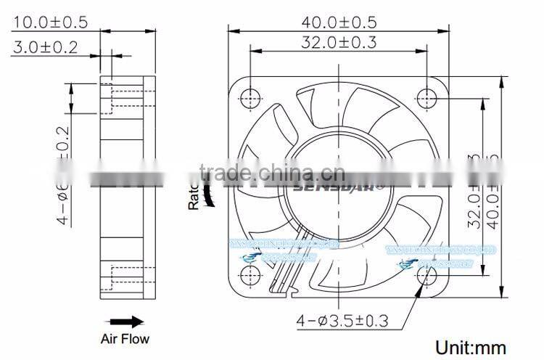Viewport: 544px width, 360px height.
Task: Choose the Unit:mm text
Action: [x=470, y=347]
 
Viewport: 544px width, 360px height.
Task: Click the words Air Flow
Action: [x=125, y=338]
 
